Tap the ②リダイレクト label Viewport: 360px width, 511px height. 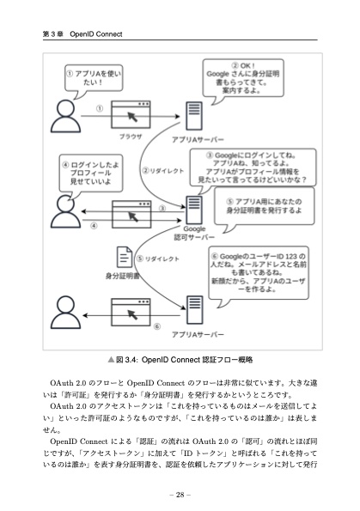pos(162,172)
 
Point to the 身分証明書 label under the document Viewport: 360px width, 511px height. pos(122,277)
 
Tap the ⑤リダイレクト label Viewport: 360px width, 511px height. pos(161,257)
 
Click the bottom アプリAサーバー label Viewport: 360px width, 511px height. pos(198,334)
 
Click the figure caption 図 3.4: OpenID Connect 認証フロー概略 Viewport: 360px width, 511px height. pos(180,360)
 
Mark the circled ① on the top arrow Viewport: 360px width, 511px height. pos(100,108)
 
